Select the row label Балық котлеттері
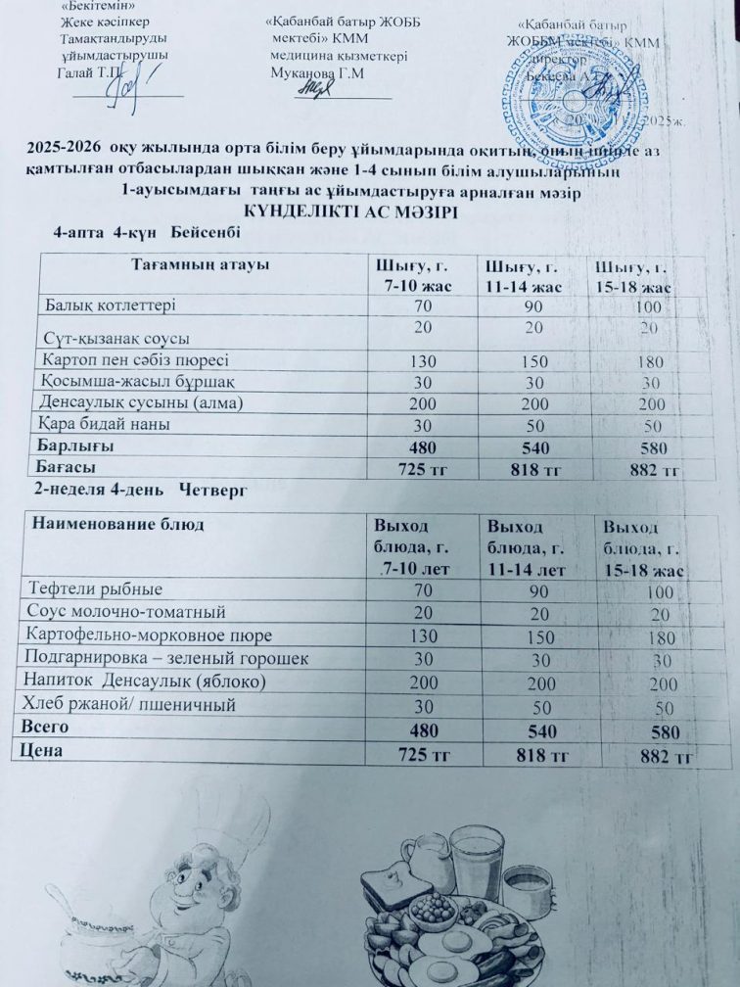pos(111,306)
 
